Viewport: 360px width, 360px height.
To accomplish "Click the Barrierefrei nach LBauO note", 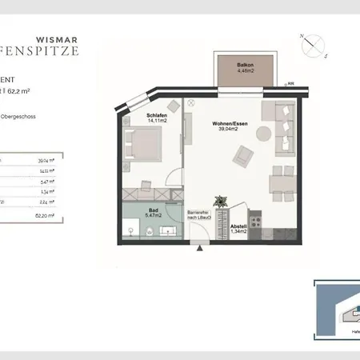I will [x=198, y=215].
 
